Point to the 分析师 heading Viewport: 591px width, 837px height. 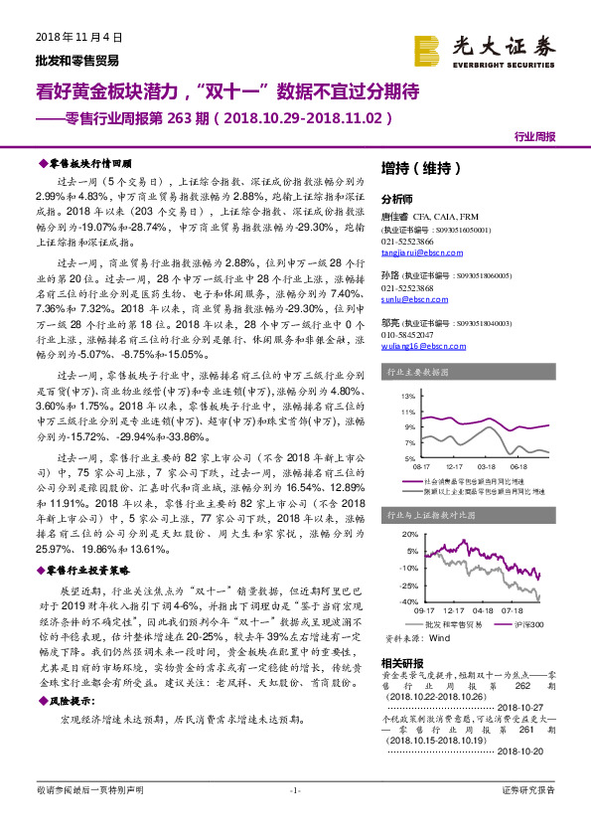tap(396, 198)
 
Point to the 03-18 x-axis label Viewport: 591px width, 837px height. tap(487, 464)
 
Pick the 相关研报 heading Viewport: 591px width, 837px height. tap(401, 662)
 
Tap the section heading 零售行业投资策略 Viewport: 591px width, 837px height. tap(89, 571)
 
